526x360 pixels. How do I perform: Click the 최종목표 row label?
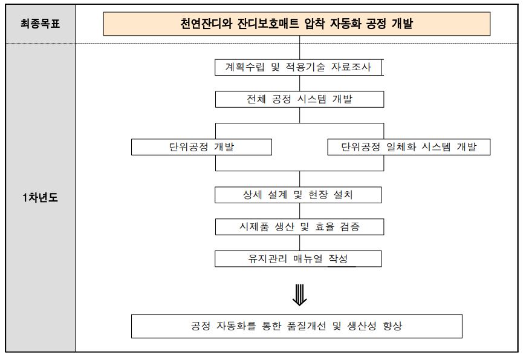[41, 24]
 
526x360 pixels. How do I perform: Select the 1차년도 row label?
[41, 197]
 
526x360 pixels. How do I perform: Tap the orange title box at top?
[296, 24]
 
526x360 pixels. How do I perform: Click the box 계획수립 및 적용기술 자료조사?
[298, 67]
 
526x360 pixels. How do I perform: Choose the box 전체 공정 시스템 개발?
[299, 99]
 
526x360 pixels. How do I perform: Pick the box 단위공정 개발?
[201, 147]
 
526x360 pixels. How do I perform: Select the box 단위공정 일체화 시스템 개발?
[409, 147]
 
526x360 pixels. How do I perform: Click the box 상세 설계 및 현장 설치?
[298, 195]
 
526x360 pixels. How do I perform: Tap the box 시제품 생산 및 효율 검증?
[299, 227]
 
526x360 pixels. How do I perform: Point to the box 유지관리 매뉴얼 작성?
[298, 259]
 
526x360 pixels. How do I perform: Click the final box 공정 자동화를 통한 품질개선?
[296, 326]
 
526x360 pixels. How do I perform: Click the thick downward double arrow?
[299, 295]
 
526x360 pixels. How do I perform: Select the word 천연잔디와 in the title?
[206, 24]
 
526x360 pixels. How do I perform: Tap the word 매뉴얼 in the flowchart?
[308, 259]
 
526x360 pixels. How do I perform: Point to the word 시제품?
[254, 227]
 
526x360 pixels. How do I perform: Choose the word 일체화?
[401, 147]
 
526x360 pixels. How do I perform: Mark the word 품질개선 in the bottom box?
[307, 326]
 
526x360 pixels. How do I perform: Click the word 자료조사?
[351, 67]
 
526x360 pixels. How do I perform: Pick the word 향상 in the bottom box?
[392, 326]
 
